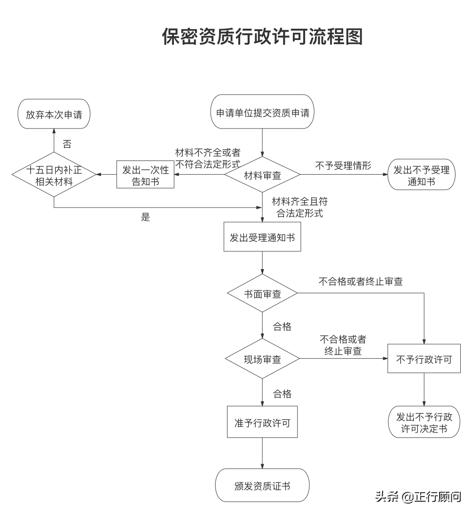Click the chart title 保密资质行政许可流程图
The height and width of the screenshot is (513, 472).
(262, 37)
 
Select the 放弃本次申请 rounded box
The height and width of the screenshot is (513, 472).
(54, 114)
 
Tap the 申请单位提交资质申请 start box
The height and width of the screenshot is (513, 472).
(262, 112)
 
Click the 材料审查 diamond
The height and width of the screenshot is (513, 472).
(262, 175)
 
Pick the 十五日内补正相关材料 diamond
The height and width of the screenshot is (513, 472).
(54, 175)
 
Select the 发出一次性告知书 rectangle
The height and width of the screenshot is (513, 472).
(145, 175)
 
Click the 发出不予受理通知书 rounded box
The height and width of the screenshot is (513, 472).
(421, 175)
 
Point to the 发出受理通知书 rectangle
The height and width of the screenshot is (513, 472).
(262, 238)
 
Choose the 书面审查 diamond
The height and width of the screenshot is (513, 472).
(262, 294)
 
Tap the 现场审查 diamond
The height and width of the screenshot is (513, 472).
(262, 359)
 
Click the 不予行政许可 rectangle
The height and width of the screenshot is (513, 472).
(424, 359)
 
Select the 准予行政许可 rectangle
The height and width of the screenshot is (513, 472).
(262, 422)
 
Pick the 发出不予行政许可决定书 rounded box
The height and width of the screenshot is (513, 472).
(424, 422)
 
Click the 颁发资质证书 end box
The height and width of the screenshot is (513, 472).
(262, 485)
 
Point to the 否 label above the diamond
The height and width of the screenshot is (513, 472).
(67, 144)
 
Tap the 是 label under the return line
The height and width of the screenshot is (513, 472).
(145, 217)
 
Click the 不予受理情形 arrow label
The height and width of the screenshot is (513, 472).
(343, 166)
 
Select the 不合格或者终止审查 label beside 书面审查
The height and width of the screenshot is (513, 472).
(361, 281)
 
